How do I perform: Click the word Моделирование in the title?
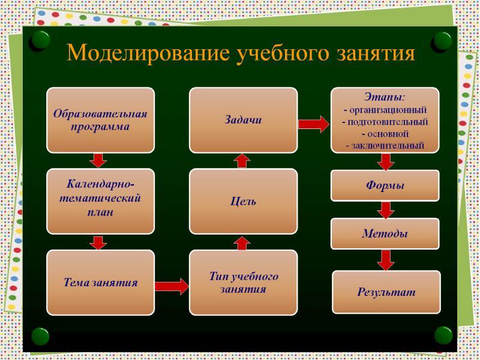tap(148, 53)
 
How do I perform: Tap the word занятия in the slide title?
tap(376, 53)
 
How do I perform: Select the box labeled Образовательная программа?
tap(100, 120)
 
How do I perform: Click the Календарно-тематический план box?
tap(100, 202)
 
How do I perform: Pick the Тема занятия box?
tap(100, 283)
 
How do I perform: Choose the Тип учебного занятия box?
tap(244, 283)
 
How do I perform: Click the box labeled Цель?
tap(244, 202)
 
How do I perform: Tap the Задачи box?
tap(244, 120)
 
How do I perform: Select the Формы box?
tap(385, 185)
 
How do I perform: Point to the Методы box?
tap(385, 233)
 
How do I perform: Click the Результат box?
tap(386, 292)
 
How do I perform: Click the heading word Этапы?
tap(383, 97)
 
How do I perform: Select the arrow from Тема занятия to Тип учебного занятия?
tap(172, 287)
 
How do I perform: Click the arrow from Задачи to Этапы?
tap(314, 124)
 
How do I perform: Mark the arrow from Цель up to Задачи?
tap(242, 161)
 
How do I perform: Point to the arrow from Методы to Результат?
tap(386, 260)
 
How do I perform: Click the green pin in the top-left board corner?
tap(40, 41)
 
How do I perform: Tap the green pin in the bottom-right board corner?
tap(443, 335)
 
